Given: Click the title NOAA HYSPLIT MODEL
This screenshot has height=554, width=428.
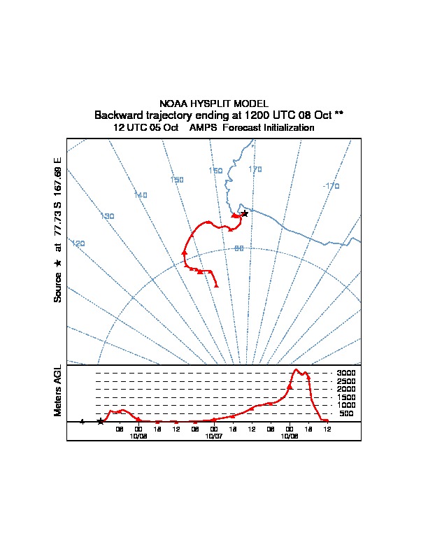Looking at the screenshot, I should coord(213,104).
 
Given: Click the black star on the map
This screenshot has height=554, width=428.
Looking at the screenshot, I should coord(244,213).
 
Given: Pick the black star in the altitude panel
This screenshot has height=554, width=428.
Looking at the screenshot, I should coord(100,421).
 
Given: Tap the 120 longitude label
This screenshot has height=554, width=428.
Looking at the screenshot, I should coord(78,243).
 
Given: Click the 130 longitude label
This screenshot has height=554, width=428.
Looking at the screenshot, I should coord(108,216).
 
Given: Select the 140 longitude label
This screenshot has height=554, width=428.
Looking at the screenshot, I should coord(141,195).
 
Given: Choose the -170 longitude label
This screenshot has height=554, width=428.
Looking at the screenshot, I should coord(331,186).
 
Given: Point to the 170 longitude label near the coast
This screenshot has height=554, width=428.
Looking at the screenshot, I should coord(255,169).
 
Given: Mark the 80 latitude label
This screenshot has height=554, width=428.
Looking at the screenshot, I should coord(238,248).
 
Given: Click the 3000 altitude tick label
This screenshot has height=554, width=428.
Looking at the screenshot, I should coord(346,374).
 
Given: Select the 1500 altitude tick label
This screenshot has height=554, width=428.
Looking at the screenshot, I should coord(346,397).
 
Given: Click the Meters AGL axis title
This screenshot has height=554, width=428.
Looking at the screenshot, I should coord(58,390).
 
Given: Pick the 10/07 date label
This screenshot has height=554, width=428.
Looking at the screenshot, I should coord(214,436).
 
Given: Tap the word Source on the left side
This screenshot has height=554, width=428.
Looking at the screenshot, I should coord(58,287).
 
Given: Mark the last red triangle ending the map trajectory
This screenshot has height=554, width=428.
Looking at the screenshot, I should coord(217,285).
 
